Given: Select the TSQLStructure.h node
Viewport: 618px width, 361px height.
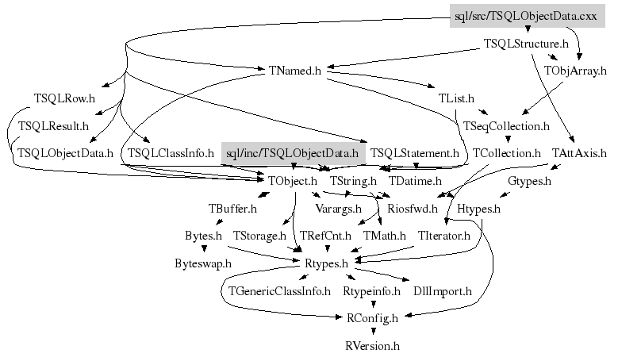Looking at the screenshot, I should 526,44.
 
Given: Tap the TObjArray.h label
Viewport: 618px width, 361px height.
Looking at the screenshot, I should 575,71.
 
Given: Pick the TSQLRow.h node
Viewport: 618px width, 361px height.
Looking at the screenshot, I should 64,99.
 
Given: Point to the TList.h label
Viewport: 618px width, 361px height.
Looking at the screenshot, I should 456,99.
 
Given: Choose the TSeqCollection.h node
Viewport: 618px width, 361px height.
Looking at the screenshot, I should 506,126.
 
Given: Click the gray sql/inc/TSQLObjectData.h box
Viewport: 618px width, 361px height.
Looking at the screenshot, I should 293,152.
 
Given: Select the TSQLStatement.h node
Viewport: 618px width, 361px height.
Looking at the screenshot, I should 415,152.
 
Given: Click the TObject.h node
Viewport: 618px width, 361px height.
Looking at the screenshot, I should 293,181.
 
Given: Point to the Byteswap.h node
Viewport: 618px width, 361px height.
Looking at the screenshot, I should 203,263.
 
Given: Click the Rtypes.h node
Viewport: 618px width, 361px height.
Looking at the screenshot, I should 327,263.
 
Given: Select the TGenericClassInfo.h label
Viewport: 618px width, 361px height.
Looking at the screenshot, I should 279,291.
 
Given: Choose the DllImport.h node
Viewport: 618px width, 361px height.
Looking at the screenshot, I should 443,291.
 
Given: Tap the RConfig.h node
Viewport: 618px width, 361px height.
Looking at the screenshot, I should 372,318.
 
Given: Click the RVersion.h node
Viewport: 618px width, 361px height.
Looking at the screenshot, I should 372,346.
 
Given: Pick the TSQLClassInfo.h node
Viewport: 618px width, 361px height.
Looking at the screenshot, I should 171,152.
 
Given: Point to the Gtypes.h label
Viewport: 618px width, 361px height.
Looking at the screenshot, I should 529,181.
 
